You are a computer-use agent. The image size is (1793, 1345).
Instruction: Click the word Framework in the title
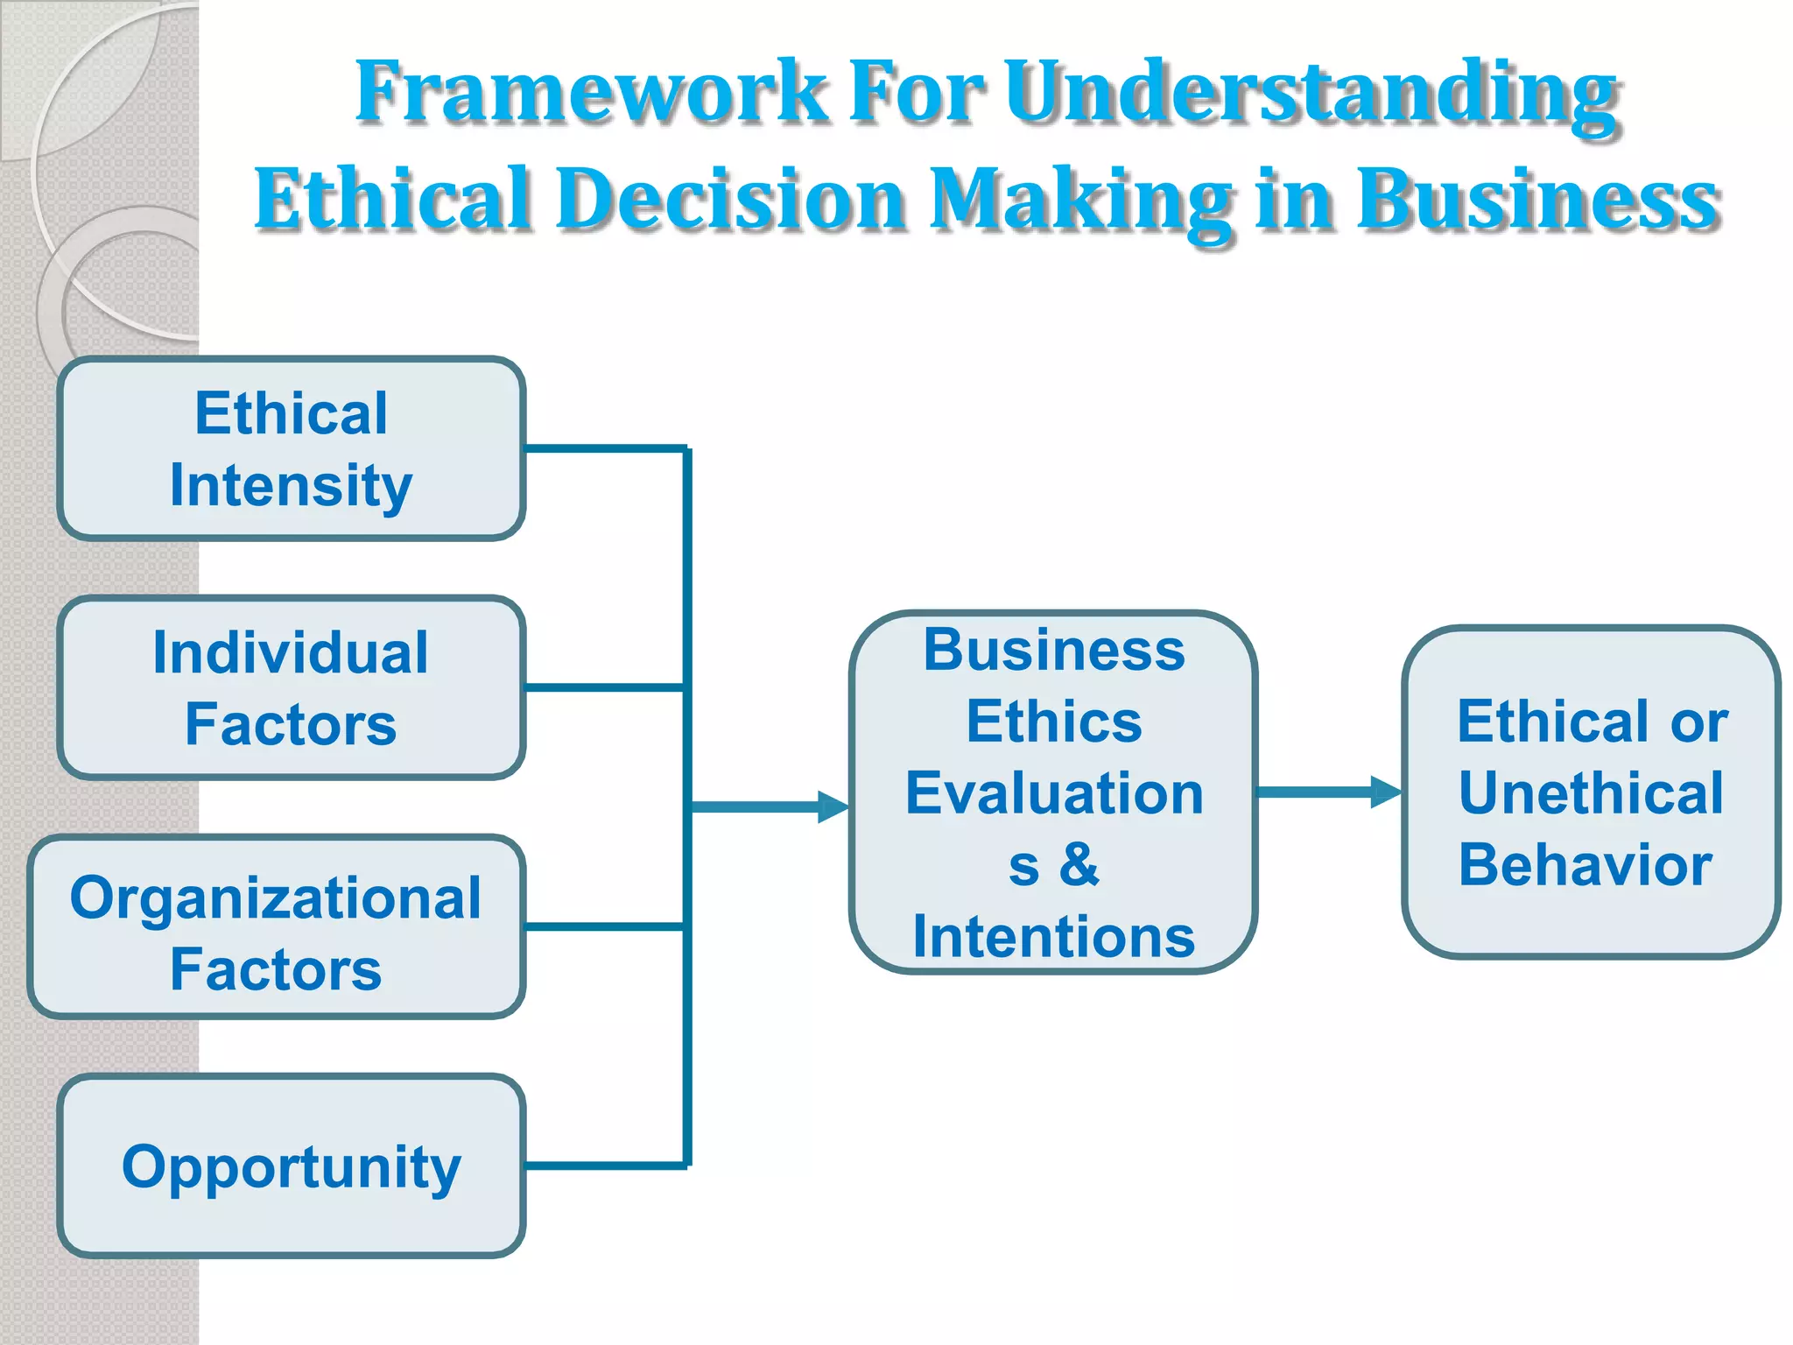click(590, 92)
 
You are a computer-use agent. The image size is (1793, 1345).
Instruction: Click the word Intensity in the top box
click(291, 487)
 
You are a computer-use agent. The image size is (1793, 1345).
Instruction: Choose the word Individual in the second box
click(291, 653)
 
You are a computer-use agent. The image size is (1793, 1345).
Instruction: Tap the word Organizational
click(276, 898)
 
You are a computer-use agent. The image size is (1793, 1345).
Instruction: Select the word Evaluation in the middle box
click(1054, 793)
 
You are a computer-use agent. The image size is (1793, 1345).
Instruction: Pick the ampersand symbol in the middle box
click(1079, 865)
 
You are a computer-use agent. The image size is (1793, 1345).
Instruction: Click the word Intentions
click(1054, 937)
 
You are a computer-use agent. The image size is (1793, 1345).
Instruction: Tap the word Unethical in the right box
click(1591, 793)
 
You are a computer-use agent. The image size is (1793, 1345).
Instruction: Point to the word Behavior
click(1585, 865)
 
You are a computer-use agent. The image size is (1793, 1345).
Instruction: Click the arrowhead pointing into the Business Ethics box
click(833, 806)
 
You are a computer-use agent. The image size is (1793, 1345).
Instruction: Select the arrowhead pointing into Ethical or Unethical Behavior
click(1385, 792)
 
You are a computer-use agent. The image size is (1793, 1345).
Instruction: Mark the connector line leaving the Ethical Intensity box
click(604, 449)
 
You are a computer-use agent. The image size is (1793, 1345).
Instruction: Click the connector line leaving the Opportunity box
click(604, 1165)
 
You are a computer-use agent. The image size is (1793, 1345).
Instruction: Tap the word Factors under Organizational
click(276, 970)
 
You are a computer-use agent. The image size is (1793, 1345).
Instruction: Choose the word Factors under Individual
click(291, 725)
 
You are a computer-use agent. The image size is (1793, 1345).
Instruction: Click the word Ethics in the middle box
click(1054, 722)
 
